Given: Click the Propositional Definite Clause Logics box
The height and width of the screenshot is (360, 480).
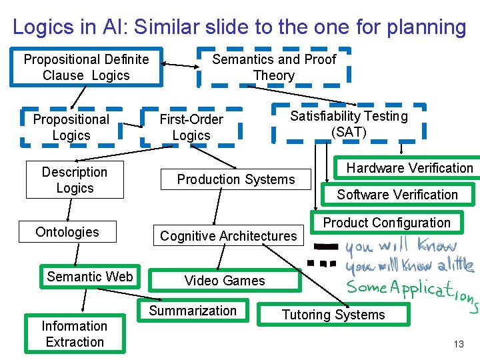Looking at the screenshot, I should coord(86,67).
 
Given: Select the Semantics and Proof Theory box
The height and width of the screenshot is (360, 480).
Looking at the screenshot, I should coord(274,67).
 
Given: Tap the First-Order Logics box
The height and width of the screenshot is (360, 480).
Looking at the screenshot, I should coord(191,127).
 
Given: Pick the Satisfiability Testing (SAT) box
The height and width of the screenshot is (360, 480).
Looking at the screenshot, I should coord(349,124).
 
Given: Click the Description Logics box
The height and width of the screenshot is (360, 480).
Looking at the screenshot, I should coord(75,180).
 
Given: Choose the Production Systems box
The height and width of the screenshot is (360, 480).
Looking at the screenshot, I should coord(235,179).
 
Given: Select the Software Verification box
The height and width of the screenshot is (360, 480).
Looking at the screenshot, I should coord(397,195).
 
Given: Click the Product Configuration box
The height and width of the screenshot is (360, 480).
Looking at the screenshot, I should coord(387,223).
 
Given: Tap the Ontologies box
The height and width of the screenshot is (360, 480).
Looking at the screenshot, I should coord(67,232).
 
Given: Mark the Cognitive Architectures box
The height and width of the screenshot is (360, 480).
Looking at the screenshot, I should coord(228,236).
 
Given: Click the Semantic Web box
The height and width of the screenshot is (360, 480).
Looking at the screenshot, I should coord(90,277).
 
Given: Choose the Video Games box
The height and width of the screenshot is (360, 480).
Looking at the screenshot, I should coord(225,281).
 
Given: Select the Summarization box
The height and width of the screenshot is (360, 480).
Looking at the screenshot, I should coord(193,311).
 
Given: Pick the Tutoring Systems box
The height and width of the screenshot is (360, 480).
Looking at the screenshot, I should coord(333,315).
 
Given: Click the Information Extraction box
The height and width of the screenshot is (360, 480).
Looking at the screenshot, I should coord(74,334).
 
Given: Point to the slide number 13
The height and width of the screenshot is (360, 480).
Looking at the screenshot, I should coord(459,344).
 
